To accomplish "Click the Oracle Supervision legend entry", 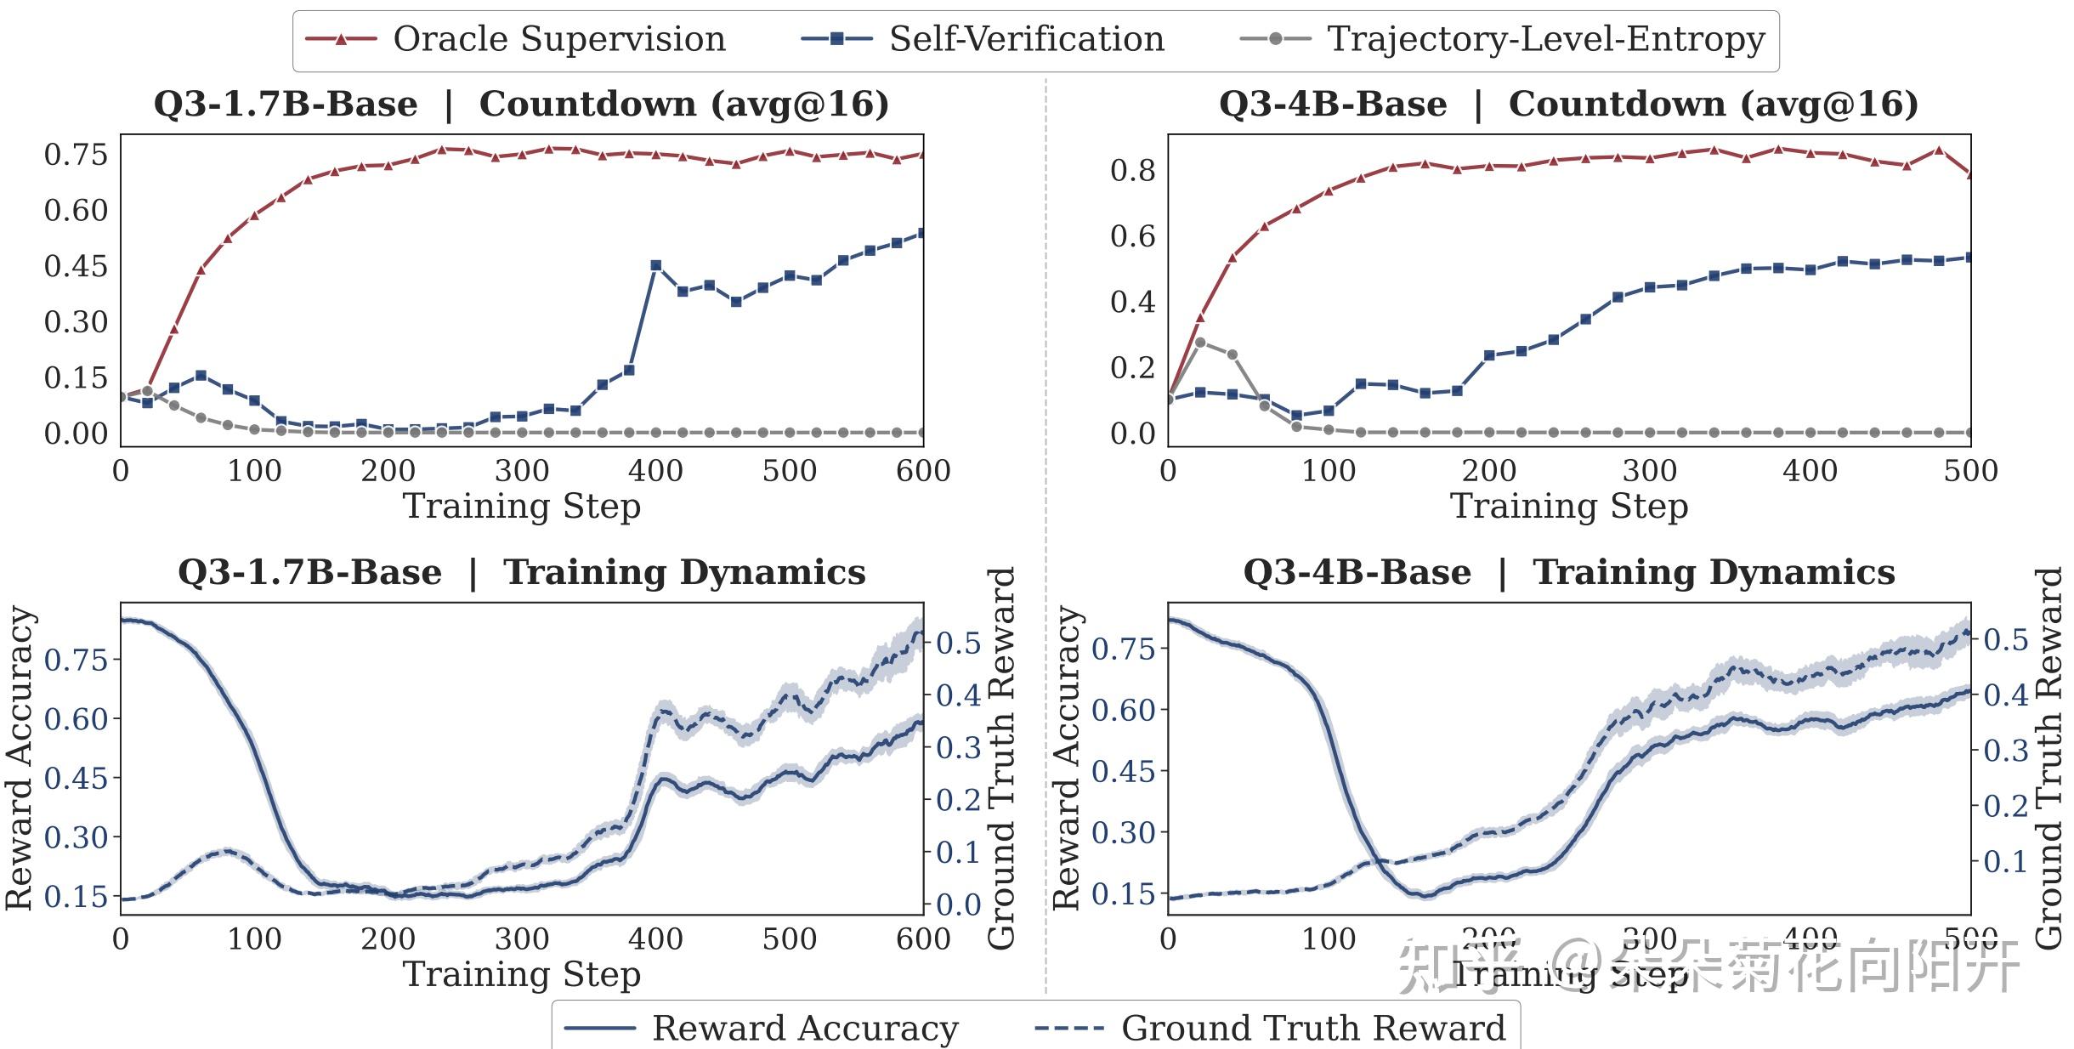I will (515, 39).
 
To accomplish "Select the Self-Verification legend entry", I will (983, 39).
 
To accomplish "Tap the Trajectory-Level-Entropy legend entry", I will (1502, 39).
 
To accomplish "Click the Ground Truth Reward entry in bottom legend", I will (1270, 1028).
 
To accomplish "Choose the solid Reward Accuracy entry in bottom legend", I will (762, 1028).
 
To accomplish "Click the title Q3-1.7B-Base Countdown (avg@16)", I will (521, 104).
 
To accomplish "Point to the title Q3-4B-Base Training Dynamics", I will (1568, 572).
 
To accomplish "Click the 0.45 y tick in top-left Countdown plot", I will (76, 266).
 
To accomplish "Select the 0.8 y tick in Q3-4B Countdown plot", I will (1132, 170).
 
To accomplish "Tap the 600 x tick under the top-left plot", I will (923, 470).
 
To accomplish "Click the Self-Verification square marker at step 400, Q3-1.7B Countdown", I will (655, 266).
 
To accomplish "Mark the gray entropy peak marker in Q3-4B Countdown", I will (1200, 343).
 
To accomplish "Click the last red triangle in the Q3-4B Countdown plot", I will (1969, 173).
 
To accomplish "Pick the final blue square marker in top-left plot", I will (922, 233).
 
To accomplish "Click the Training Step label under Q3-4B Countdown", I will (1568, 506).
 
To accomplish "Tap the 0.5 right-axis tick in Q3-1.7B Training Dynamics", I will (958, 644).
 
